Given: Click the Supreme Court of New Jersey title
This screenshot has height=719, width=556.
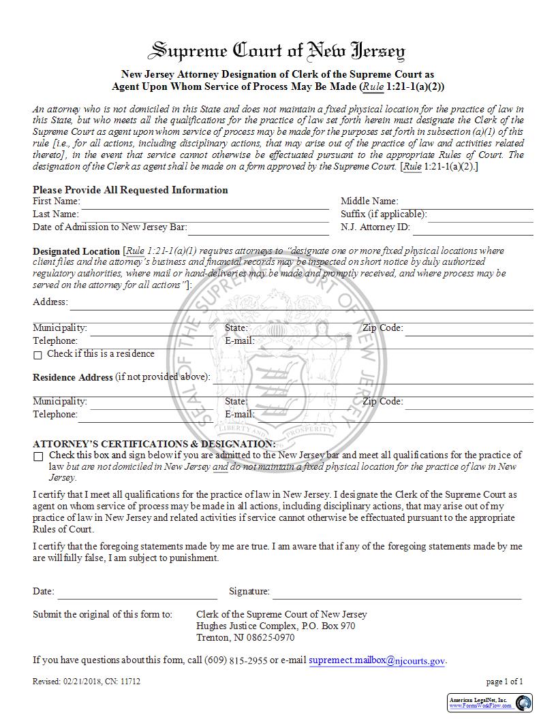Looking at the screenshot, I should pyautogui.click(x=277, y=51).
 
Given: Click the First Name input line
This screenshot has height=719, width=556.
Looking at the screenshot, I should pyautogui.click(x=204, y=202).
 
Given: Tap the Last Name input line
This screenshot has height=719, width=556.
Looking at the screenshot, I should pyautogui.click(x=204, y=214).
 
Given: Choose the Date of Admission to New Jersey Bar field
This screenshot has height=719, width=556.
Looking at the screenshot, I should pyautogui.click(x=258, y=228).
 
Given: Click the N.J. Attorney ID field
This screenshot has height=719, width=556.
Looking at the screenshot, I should pyautogui.click(x=472, y=228).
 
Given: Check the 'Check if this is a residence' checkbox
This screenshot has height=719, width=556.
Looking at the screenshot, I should pyautogui.click(x=38, y=355).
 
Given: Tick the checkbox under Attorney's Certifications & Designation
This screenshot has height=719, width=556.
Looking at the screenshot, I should pyautogui.click(x=38, y=456).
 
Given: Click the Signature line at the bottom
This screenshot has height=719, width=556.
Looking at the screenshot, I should pyautogui.click(x=397, y=592).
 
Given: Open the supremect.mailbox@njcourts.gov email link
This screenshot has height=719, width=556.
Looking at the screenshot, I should pyautogui.click(x=377, y=660).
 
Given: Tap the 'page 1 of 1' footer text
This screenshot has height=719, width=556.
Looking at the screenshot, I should pyautogui.click(x=504, y=681).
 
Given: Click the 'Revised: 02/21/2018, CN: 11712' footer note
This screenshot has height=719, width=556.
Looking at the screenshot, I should pyautogui.click(x=87, y=681).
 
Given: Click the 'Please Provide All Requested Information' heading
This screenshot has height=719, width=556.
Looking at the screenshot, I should pyautogui.click(x=130, y=190).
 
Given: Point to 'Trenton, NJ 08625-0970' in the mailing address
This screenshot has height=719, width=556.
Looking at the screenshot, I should pyautogui.click(x=245, y=637).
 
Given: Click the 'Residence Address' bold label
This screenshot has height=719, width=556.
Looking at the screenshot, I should pyautogui.click(x=72, y=377).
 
